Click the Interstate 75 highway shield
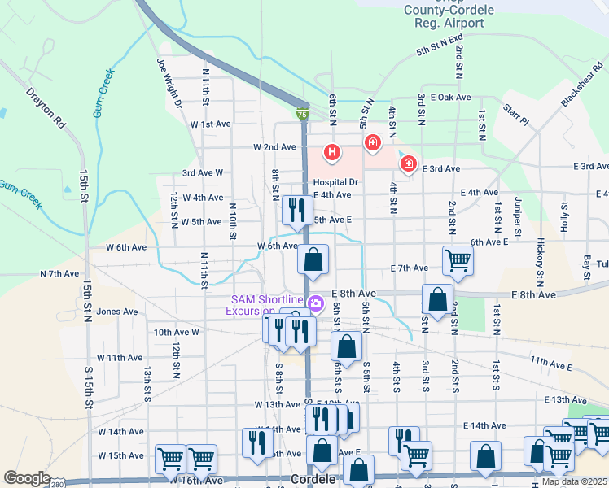point(302,116)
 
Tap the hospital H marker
point(331,151)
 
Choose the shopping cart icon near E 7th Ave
point(458,260)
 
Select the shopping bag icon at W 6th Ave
point(313,260)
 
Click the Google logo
point(27,478)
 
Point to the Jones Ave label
point(117,312)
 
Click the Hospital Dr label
point(335,183)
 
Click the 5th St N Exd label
point(439,45)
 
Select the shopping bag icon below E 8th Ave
point(438,298)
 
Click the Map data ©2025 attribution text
point(574,481)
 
